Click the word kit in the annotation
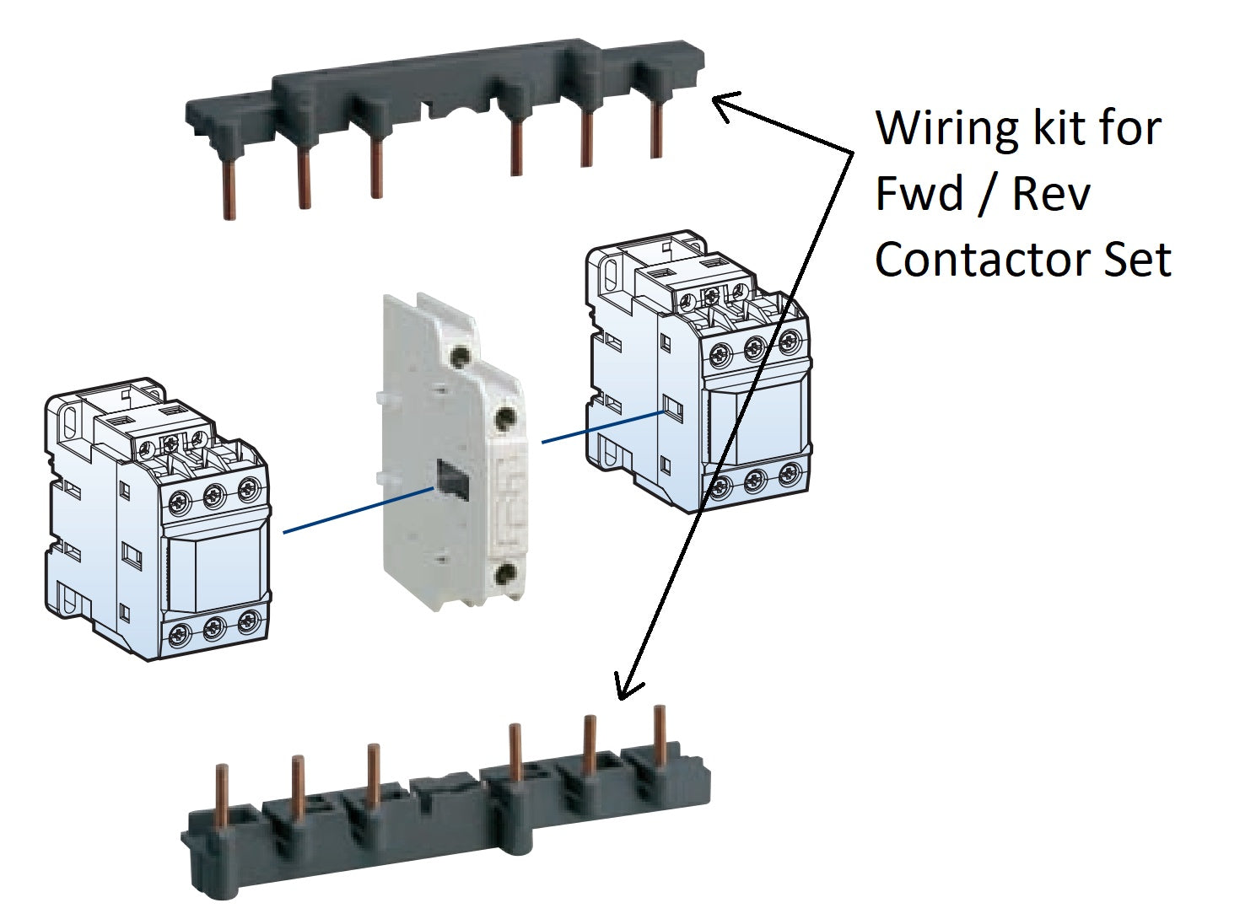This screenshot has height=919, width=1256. (x=1049, y=127)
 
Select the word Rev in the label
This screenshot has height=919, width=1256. (x=1051, y=194)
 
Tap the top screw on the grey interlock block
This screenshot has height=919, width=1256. (x=460, y=355)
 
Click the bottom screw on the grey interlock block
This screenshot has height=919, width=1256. (x=505, y=576)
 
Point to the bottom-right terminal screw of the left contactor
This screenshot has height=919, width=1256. (x=246, y=622)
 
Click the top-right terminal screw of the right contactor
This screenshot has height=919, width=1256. (x=789, y=341)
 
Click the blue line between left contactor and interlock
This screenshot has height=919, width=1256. (x=358, y=509)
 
